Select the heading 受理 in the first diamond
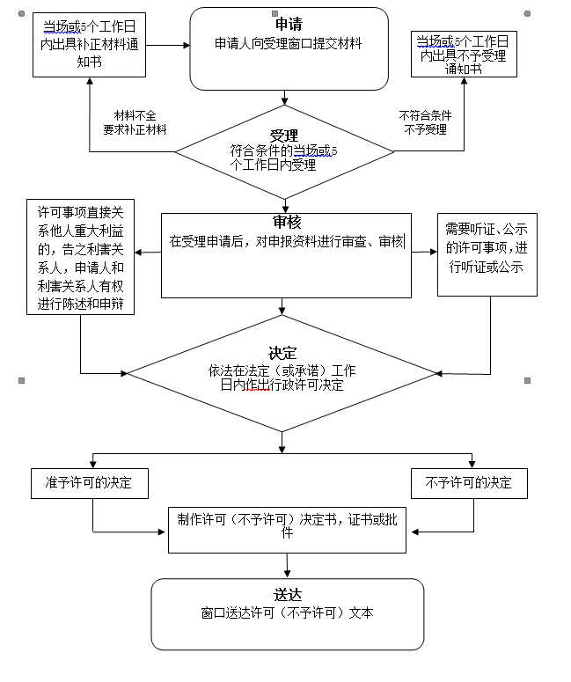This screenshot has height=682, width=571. tap(283, 136)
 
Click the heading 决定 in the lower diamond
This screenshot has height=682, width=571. tap(282, 353)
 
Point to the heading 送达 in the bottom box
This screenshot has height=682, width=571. tap(288, 595)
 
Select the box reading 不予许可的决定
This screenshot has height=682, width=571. tap(468, 483)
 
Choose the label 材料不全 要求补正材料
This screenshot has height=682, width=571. tap(134, 122)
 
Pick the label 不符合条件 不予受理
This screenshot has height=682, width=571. tap(423, 122)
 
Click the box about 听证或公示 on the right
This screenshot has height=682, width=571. tap(487, 254)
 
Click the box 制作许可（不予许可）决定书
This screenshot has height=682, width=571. tap(288, 528)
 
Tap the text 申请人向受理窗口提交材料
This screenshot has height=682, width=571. tap(289, 43)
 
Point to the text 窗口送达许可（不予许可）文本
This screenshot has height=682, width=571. tap(288, 613)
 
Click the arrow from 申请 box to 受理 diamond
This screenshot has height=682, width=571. tap(283, 97)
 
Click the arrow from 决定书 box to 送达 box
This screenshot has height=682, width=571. tap(287, 565)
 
